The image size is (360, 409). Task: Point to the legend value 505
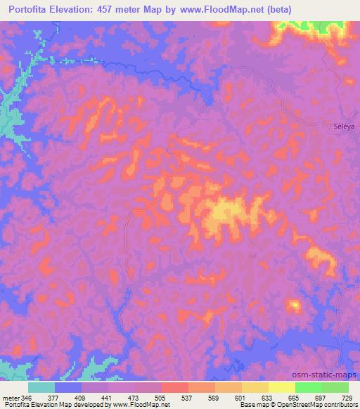click(x=162, y=397)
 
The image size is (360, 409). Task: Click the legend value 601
click(x=242, y=397)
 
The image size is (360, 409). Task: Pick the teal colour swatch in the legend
click(x=41, y=387)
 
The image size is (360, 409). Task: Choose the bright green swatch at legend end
click(x=335, y=387)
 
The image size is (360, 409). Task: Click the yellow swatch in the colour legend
click(x=281, y=387)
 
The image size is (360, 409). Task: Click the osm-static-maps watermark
click(x=329, y=376)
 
